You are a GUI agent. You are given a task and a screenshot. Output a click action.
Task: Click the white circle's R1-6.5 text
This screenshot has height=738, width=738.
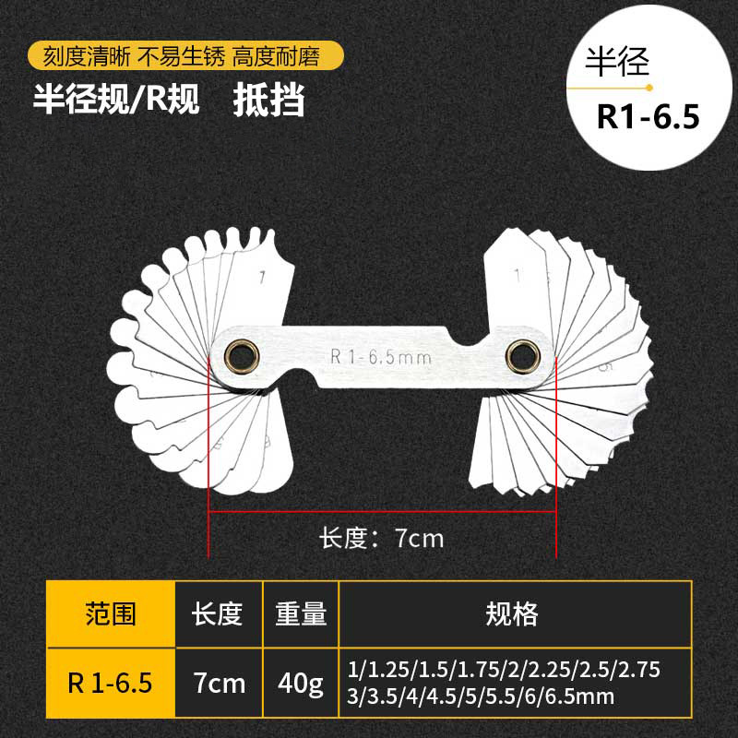pos(649,118)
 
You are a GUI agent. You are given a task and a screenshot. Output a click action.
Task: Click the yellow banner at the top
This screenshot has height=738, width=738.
pos(184,57)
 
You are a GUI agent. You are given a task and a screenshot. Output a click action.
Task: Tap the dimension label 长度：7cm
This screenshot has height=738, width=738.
pos(382,538)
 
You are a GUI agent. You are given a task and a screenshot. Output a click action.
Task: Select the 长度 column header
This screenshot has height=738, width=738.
pos(218,613)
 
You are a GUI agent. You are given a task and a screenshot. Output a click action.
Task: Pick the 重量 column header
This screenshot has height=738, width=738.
pos(301,613)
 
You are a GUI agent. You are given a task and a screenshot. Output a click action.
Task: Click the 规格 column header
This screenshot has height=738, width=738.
pos(514,613)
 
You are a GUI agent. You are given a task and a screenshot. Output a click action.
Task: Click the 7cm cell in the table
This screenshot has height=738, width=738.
pos(218,684)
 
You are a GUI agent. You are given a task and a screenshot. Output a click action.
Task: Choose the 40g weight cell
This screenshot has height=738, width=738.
pos(301,684)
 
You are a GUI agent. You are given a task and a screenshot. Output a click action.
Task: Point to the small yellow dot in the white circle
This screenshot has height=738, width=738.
pos(649,88)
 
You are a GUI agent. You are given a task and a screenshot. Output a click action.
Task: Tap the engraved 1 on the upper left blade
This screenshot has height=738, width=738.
pos(263,275)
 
